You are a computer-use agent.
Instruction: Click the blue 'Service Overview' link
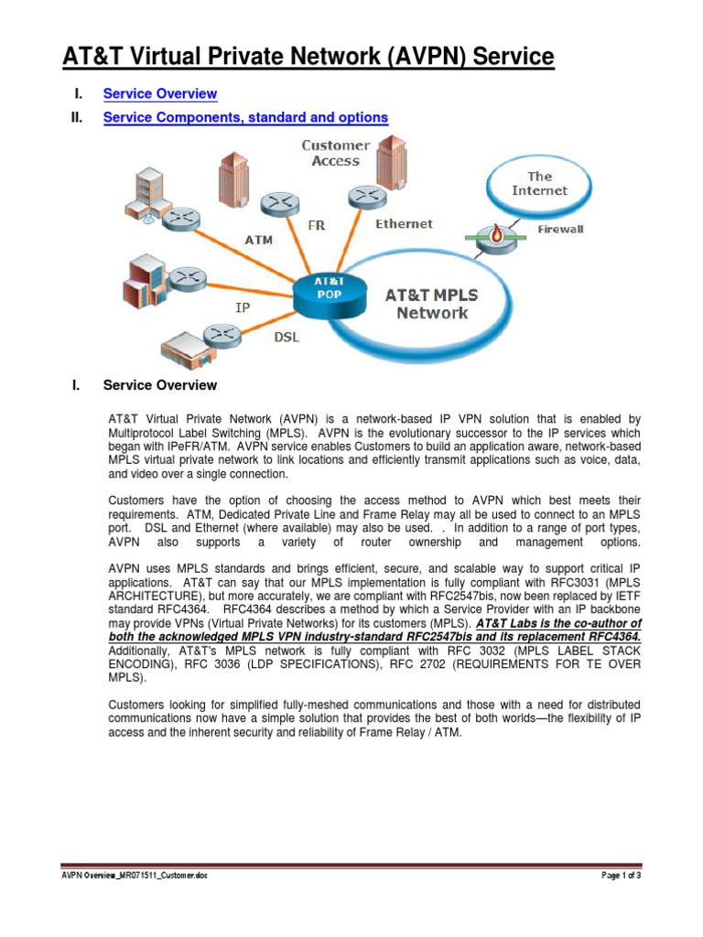pos(160,93)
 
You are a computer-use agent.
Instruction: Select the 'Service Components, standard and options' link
pos(245,117)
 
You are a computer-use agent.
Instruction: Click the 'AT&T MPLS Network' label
pos(432,304)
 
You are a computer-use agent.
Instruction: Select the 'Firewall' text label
pos(559,229)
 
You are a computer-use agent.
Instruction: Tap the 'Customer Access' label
pos(336,153)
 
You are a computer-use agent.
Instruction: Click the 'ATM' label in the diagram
pos(259,241)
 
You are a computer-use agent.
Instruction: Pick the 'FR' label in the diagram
pos(316,224)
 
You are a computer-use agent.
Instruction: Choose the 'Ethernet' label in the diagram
pos(404,223)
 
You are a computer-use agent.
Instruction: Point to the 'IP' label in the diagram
pos(243,308)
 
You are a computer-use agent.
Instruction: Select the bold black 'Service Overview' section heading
pos(160,385)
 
